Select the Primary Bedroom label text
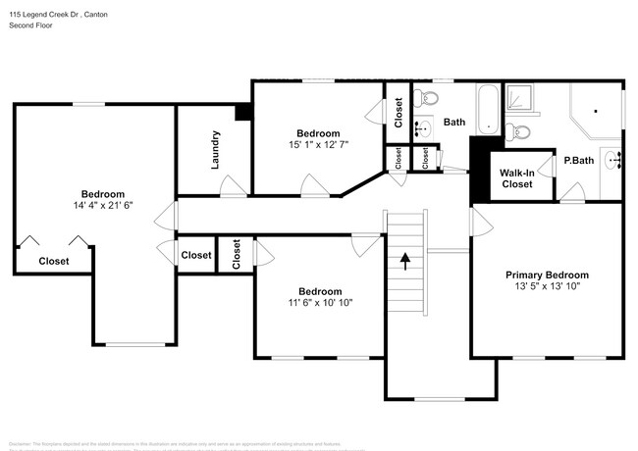point(547,276)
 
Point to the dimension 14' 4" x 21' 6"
point(102,206)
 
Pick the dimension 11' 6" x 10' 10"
point(320,304)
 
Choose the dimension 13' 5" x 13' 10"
point(547,288)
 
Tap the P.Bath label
point(578,161)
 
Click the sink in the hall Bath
point(423,127)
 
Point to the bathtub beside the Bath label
point(488,109)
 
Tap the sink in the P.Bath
point(613,160)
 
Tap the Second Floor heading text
point(31,25)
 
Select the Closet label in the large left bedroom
point(54,261)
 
